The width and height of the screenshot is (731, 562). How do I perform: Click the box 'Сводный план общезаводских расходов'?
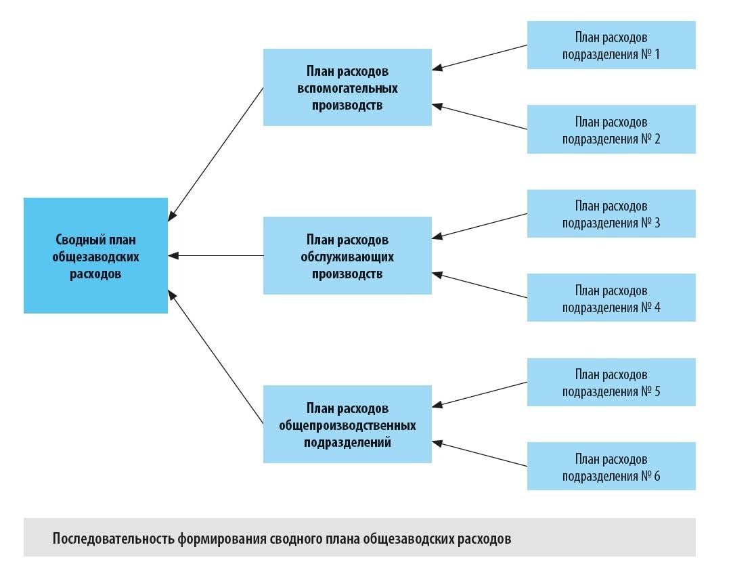[95, 256]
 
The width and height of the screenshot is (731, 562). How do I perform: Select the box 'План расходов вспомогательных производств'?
[347, 87]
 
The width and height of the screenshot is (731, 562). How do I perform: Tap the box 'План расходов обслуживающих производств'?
[347, 256]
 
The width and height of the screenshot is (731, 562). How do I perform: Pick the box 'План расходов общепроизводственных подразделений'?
[347, 425]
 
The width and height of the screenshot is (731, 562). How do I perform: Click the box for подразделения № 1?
[611, 45]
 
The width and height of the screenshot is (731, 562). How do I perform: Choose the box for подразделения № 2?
[611, 129]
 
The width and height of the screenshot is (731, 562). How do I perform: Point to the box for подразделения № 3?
[611, 213]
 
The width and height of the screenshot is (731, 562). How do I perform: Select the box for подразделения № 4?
[611, 298]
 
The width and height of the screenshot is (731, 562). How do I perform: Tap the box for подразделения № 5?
[611, 383]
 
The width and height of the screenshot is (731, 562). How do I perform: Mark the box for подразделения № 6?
[611, 467]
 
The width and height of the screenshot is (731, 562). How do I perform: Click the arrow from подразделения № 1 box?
[480, 57]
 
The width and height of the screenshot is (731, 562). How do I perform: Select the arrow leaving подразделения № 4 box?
[480, 286]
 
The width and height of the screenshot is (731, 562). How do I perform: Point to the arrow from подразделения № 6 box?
[480, 454]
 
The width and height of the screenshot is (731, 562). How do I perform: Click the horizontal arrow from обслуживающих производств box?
[216, 256]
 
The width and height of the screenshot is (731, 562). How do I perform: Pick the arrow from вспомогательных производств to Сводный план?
[216, 154]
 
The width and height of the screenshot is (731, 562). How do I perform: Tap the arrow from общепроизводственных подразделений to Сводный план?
[216, 357]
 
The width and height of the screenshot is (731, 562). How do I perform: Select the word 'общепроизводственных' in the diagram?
[347, 426]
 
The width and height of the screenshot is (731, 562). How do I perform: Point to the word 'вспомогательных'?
[347, 88]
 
